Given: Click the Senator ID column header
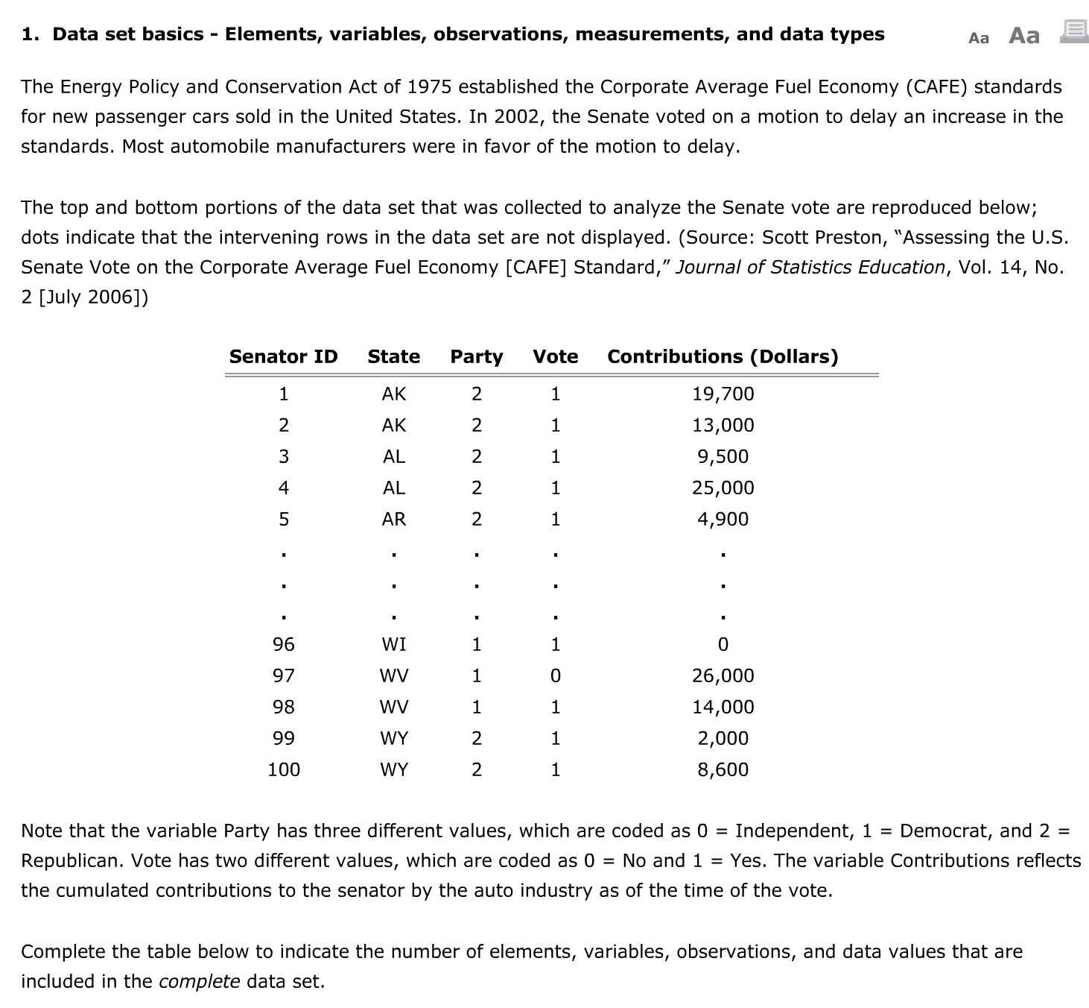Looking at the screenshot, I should point(283,356).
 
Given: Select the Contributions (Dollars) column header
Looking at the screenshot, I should point(723,356).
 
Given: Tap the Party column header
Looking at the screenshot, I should point(476,356).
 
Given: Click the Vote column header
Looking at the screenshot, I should point(555,356).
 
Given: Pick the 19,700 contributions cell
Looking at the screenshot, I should point(723,394).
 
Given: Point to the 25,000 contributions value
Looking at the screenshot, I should point(723,488).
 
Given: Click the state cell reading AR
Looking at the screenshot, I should point(393,519).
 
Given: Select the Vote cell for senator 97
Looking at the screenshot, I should point(555,675).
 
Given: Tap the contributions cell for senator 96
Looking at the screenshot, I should point(723,644).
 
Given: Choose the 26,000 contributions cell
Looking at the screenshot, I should point(723,675).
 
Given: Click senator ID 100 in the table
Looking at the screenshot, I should point(283,769).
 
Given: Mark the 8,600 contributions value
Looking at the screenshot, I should point(723,769).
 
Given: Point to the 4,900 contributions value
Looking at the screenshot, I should point(723,519).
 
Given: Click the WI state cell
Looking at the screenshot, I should point(393,644).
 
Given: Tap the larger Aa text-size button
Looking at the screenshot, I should point(1023,35).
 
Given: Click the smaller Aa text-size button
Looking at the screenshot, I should point(979,38).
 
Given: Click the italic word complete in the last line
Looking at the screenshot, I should point(199,981).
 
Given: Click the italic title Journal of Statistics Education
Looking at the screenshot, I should point(810,267).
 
